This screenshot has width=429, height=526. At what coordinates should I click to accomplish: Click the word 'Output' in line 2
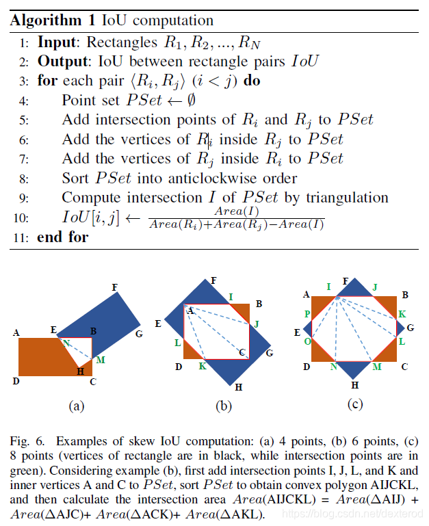click(x=61, y=61)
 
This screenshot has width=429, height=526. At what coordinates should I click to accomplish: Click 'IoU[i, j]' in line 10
click(x=89, y=218)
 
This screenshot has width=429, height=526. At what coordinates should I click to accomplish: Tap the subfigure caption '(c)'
click(x=354, y=404)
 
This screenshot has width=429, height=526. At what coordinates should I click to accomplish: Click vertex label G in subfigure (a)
click(x=140, y=334)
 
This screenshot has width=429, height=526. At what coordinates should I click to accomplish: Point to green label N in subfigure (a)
click(x=66, y=342)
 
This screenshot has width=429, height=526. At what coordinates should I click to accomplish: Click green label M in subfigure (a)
click(x=101, y=360)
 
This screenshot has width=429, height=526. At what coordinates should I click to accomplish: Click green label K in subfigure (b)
click(x=203, y=367)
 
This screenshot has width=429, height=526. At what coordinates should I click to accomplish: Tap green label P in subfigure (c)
click(x=307, y=314)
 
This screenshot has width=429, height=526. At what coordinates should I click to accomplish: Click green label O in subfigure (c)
click(x=307, y=341)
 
